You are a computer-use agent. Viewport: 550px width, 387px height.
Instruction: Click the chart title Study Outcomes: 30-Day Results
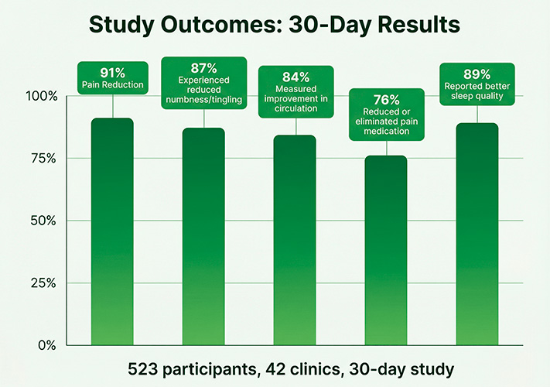coord(275,25)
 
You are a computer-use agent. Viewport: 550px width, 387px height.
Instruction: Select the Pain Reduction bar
coord(112,232)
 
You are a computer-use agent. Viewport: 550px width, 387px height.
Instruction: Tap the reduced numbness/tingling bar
coord(203,236)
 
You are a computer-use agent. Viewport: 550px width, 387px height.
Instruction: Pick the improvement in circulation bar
coord(295,240)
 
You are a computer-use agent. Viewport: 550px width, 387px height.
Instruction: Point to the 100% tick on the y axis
coord(42,96)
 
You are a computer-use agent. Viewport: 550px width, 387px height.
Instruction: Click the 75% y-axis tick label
coord(44,158)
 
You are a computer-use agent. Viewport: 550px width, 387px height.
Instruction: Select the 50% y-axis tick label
coord(44,221)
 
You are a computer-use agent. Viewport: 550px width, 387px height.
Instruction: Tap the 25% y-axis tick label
coord(44,283)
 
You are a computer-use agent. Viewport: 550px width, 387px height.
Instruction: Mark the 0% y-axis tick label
coord(48,344)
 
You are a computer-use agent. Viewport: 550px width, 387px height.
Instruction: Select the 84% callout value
coord(295,77)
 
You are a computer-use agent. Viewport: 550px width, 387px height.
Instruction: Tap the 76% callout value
coord(386,100)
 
